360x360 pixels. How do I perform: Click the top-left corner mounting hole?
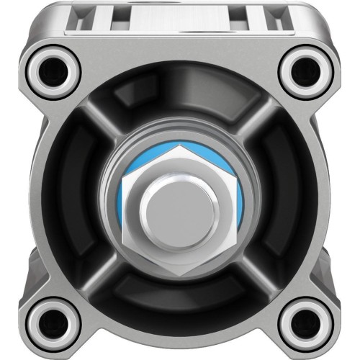[52, 69]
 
